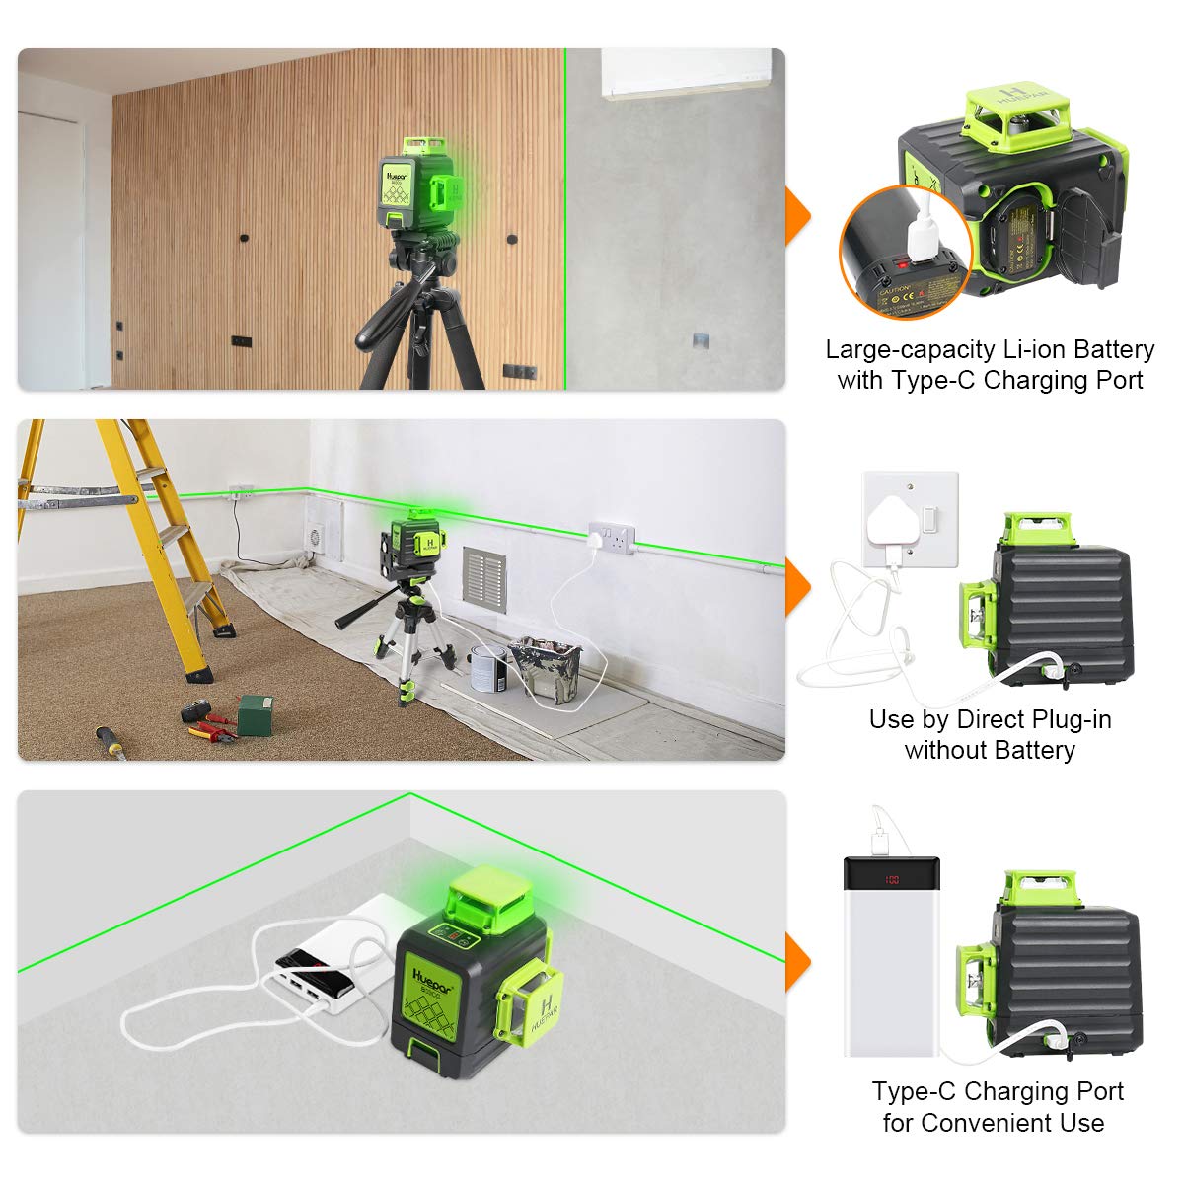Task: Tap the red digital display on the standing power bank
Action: tap(891, 879)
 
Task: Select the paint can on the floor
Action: tap(487, 668)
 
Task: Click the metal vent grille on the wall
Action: tap(483, 579)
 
